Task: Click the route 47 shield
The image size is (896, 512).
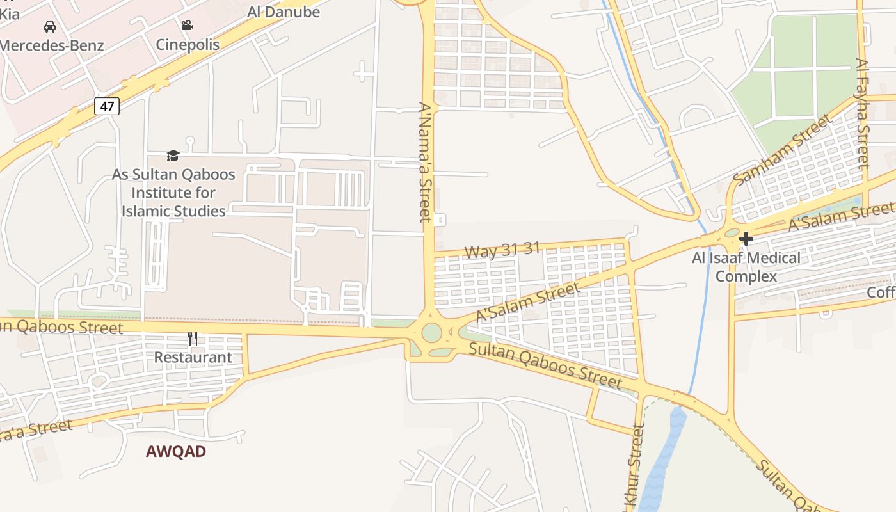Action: (x=107, y=106)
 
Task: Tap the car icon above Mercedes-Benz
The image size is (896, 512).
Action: (x=50, y=27)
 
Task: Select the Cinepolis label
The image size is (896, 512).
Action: (x=188, y=45)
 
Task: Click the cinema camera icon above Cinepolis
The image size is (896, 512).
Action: (x=187, y=26)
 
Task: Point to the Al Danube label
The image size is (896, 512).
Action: (x=284, y=12)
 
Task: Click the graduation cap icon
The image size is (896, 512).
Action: (x=173, y=156)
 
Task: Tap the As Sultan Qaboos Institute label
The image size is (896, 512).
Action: (x=173, y=193)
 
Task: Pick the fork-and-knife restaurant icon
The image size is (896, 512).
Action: (x=192, y=338)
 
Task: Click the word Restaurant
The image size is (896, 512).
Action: (x=193, y=357)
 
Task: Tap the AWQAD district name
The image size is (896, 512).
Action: (x=176, y=452)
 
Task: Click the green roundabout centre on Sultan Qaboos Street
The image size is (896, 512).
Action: (x=432, y=333)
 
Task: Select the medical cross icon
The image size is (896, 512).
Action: (x=746, y=239)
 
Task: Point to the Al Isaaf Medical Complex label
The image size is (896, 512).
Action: (x=746, y=268)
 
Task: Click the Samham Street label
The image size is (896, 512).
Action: (x=783, y=150)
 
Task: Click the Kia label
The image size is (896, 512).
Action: (x=10, y=13)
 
